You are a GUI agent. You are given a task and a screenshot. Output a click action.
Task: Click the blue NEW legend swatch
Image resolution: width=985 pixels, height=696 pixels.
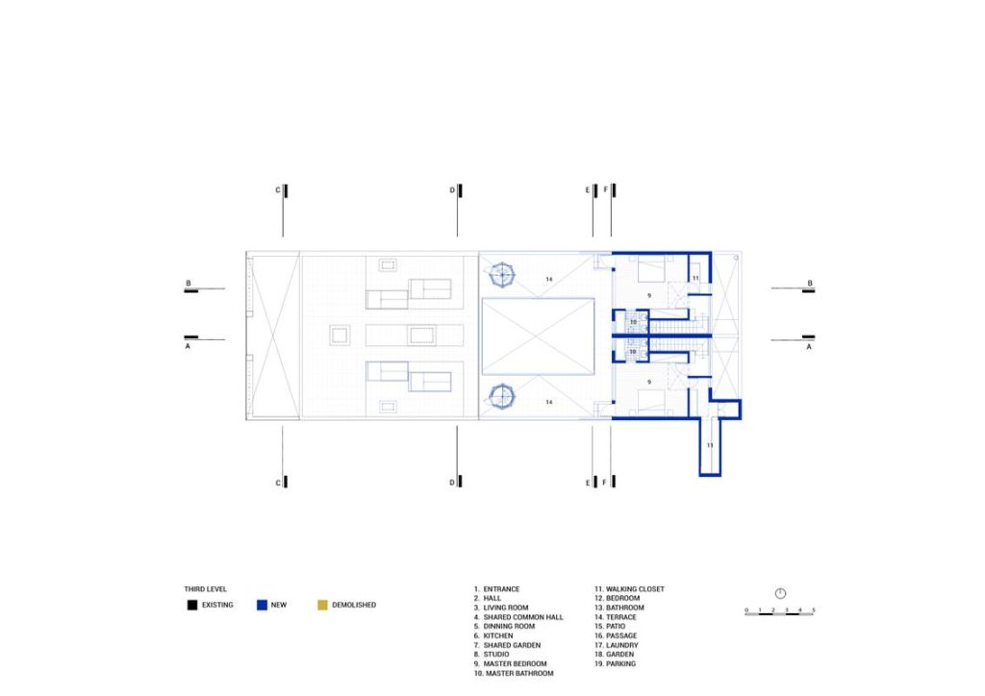click(262, 605)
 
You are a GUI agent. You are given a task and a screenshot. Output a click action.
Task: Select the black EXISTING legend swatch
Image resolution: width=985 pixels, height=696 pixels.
click(192, 605)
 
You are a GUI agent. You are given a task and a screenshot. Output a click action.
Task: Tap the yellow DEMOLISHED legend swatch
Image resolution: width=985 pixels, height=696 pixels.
click(322, 605)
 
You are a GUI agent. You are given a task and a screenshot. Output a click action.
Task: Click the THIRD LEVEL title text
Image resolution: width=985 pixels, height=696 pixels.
click(206, 589)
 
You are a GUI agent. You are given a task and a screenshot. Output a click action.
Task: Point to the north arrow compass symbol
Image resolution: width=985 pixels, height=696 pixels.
click(780, 593)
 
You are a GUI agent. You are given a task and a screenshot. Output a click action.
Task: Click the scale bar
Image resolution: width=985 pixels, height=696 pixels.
click(779, 612)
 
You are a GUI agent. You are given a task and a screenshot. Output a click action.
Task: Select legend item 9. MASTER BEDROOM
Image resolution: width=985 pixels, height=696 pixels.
click(510, 664)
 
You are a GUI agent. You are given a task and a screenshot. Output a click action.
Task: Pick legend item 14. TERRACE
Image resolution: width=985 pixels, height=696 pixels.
click(616, 617)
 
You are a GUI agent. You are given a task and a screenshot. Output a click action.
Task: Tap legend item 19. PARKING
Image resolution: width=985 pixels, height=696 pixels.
click(615, 664)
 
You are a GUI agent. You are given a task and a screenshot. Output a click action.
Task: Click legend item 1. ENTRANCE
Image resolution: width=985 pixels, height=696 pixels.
click(497, 589)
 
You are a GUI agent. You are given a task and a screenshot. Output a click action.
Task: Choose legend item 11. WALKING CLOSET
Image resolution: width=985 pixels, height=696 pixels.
click(629, 589)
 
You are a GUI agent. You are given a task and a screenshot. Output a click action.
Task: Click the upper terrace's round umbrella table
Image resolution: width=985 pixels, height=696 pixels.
click(502, 275)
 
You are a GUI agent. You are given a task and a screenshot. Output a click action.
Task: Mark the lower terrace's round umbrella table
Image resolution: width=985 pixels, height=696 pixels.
click(502, 396)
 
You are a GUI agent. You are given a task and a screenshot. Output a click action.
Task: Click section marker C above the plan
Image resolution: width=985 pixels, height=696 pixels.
click(282, 190)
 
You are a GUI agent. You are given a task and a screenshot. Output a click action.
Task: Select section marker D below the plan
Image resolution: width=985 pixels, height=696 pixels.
click(456, 482)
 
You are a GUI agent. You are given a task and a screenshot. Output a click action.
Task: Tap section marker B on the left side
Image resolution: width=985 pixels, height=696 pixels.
click(189, 286)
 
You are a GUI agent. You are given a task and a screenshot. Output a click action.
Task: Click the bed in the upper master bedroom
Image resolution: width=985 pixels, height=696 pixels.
click(651, 268)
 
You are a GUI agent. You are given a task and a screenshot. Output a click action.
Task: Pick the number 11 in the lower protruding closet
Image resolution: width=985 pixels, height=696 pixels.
click(710, 446)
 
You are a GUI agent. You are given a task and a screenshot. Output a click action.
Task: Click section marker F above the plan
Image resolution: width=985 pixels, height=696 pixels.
click(610, 190)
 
